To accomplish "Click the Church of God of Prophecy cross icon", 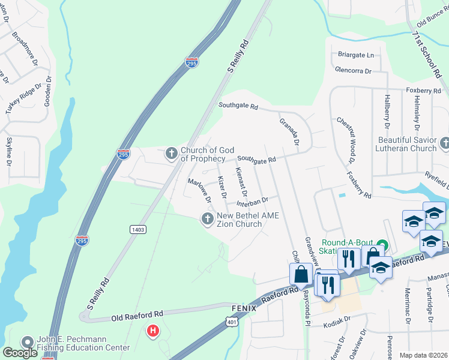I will click(172, 154).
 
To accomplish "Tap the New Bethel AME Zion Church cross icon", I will click(208, 220).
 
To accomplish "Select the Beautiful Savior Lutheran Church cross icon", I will click(444, 143).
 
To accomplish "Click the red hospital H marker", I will click(154, 331).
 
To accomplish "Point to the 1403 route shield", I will click(137, 229).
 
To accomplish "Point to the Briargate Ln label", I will click(356, 55).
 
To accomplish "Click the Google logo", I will click(20, 353).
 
